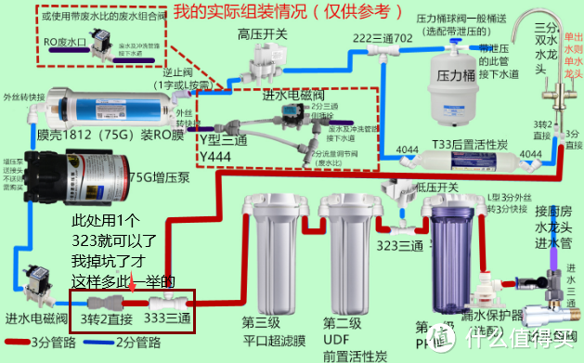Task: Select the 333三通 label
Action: (x=166, y=318)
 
